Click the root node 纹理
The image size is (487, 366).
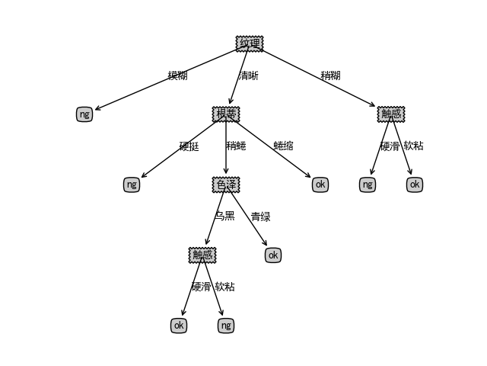[x=250, y=43]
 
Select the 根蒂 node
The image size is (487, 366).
[x=226, y=114]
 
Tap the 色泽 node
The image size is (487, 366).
[x=226, y=185]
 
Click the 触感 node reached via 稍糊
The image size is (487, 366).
[x=391, y=114]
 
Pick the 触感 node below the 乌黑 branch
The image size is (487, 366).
[x=202, y=255]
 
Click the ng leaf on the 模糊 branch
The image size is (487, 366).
[x=84, y=114]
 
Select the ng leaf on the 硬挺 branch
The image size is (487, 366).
[x=132, y=185]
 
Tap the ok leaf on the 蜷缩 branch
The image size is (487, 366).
[x=320, y=185]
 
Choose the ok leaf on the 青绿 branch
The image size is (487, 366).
[x=273, y=255]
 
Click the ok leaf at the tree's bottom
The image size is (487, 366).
[x=179, y=326]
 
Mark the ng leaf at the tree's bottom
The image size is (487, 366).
[x=225, y=326]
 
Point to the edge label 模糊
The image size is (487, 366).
[x=177, y=75]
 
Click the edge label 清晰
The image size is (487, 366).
[x=249, y=75]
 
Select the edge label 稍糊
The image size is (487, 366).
[x=330, y=75]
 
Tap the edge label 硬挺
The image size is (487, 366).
[x=189, y=146]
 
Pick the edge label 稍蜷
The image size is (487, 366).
[x=236, y=146]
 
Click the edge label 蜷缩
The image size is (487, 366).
[x=283, y=146]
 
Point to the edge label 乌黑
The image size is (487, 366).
[x=224, y=217]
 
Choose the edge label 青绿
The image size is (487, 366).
[x=260, y=217]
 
